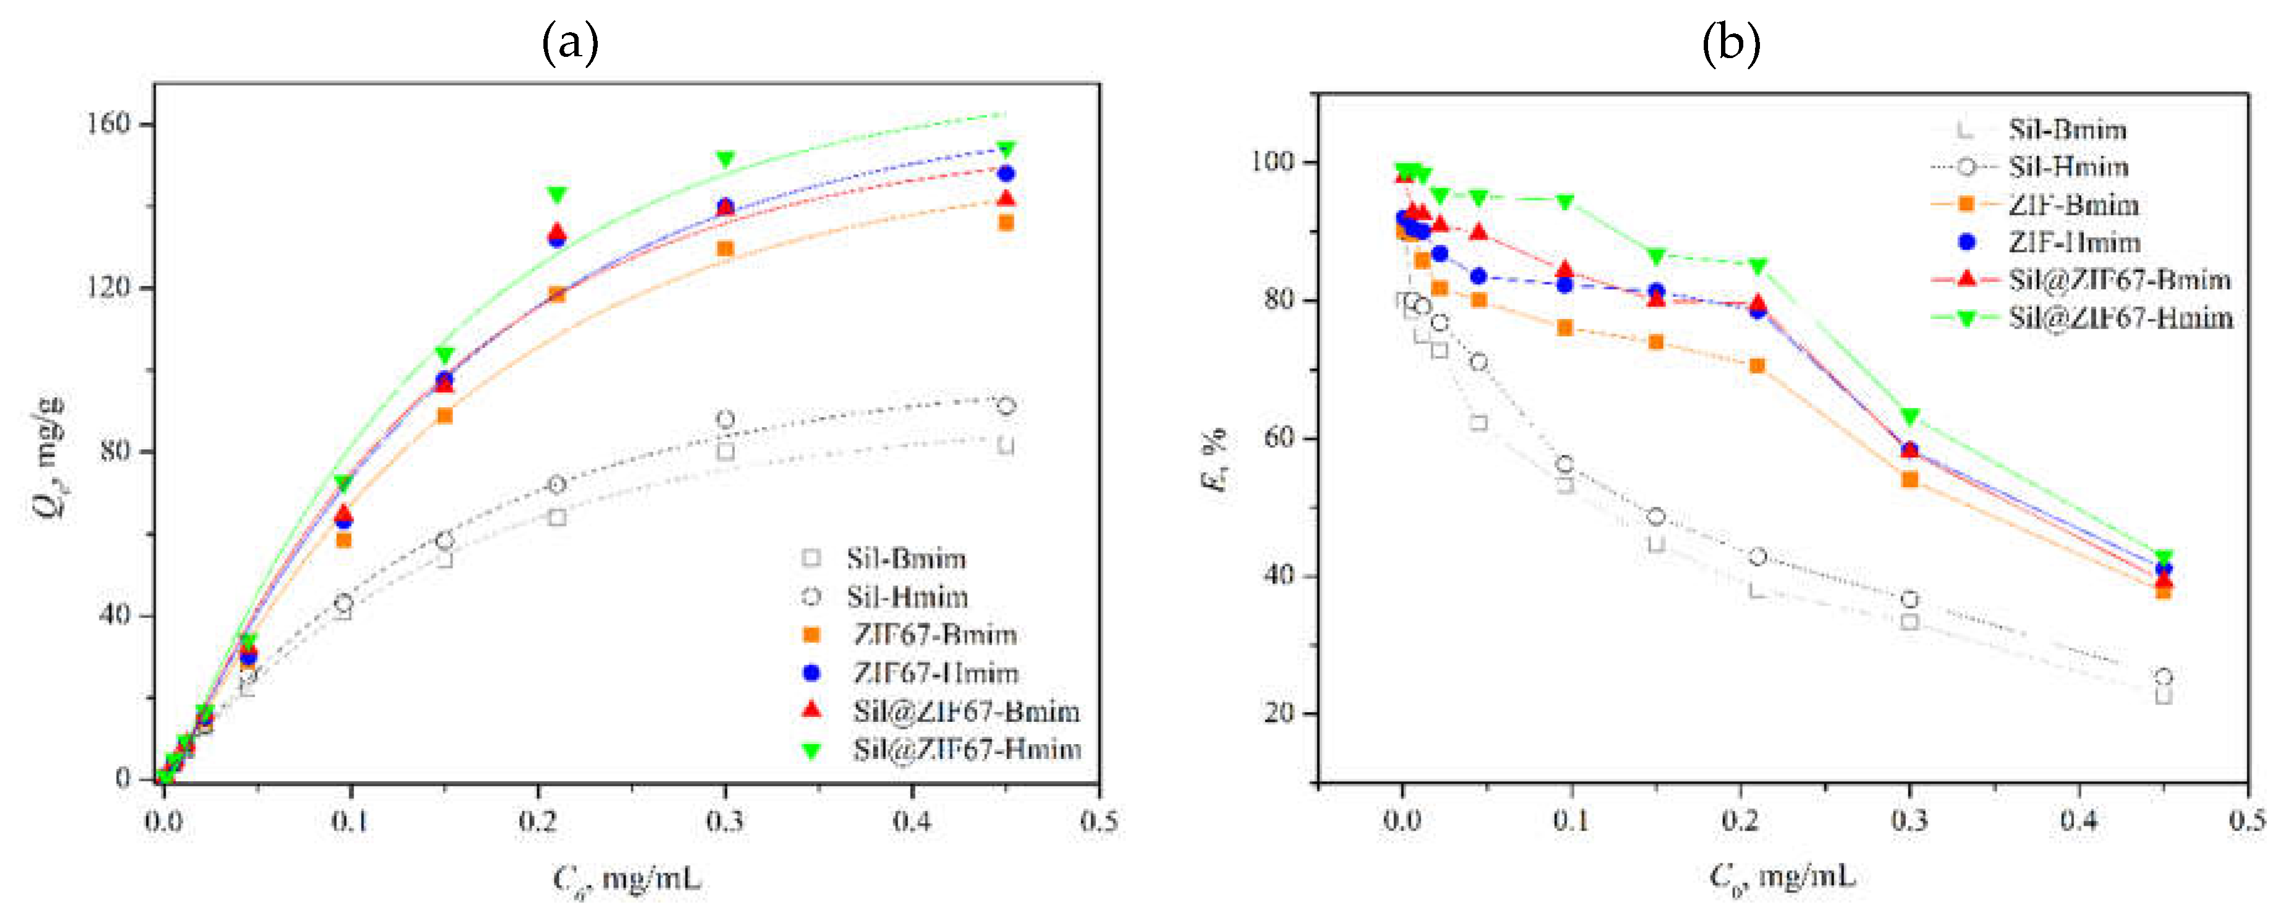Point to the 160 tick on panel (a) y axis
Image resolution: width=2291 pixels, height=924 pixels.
(109, 123)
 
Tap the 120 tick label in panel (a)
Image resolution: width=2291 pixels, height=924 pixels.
(109, 287)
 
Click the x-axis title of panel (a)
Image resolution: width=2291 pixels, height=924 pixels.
(627, 879)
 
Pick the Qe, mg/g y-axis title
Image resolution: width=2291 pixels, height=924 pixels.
(49, 458)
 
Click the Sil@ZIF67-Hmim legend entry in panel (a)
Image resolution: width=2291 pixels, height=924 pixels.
(966, 750)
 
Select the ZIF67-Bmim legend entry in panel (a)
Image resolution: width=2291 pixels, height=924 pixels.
(934, 635)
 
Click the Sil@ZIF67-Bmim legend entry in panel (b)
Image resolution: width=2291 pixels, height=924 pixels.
(2119, 280)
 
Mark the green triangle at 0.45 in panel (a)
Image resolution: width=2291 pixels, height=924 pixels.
(1006, 148)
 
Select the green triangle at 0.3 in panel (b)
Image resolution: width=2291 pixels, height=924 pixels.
(1910, 416)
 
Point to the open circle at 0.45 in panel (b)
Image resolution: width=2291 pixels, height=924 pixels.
(2164, 677)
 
